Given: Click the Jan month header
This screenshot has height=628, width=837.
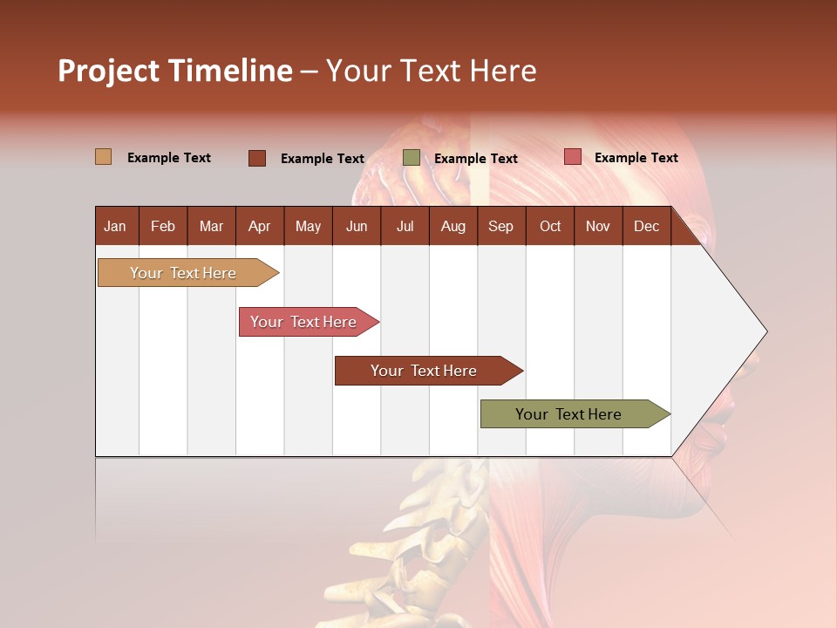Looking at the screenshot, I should coord(115,226).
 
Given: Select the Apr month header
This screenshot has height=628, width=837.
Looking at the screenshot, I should coord(259,226).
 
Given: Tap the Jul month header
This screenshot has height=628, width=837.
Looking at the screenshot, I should coord(405,226).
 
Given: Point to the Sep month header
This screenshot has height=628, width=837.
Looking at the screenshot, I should coord(500,226).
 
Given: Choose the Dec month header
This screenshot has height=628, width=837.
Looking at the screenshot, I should coord(646,226).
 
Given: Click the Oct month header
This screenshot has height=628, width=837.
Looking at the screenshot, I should coord(550,226).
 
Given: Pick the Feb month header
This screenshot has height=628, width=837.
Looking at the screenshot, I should coord(163,226).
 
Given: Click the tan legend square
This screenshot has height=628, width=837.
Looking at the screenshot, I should coord(103,157).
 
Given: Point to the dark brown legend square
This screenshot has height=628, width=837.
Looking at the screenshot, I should coord(256,158).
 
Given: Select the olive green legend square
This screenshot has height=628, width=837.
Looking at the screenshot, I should coord(411,158).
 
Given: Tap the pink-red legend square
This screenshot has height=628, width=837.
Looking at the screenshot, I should coord(572,157).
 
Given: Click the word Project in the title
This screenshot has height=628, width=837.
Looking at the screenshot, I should coord(108,71).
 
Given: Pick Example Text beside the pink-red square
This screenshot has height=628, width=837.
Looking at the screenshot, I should coord(636,158).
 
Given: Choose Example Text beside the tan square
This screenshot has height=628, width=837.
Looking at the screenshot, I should coord(168,158).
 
